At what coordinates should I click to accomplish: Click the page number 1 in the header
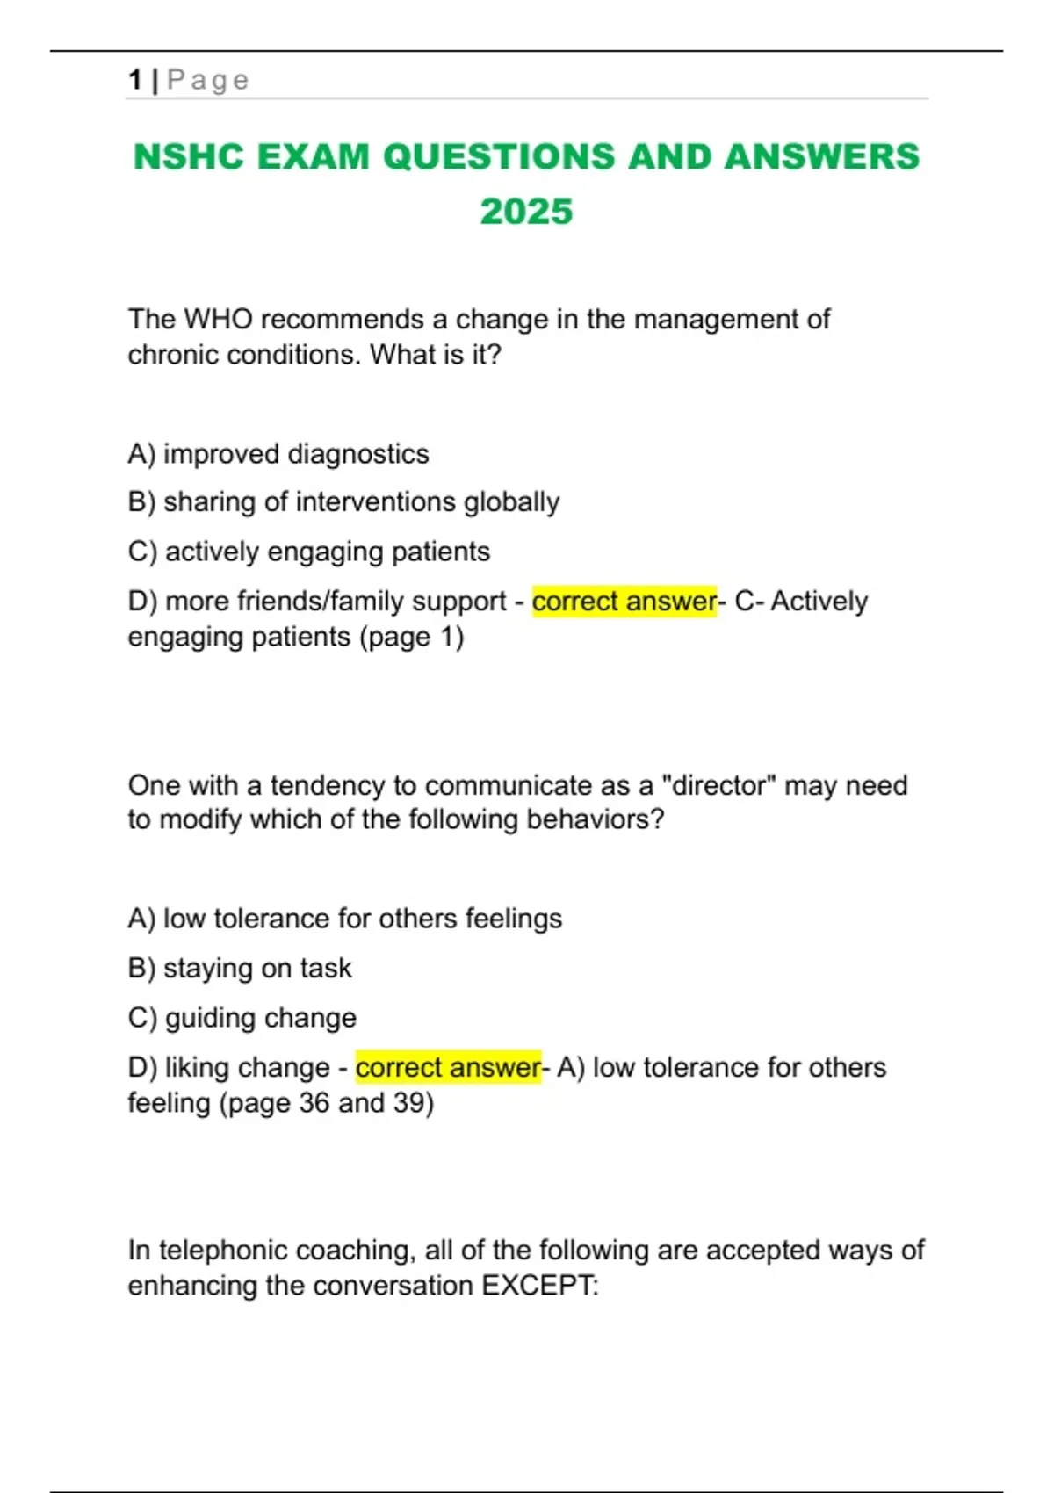click(134, 80)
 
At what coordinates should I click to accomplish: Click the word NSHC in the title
click(188, 157)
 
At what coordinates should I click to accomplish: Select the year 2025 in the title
click(526, 212)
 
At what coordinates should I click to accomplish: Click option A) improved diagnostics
click(278, 454)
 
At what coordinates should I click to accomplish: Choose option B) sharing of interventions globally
click(343, 502)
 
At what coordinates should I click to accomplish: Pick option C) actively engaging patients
click(309, 552)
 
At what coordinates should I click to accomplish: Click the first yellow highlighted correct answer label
click(624, 602)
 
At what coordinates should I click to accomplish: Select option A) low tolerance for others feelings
click(344, 919)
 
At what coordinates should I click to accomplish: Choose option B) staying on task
click(240, 968)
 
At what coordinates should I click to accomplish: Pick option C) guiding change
click(242, 1018)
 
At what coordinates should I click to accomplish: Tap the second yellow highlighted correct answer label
click(448, 1068)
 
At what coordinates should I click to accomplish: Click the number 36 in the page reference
click(314, 1103)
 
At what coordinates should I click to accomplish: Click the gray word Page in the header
click(208, 80)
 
